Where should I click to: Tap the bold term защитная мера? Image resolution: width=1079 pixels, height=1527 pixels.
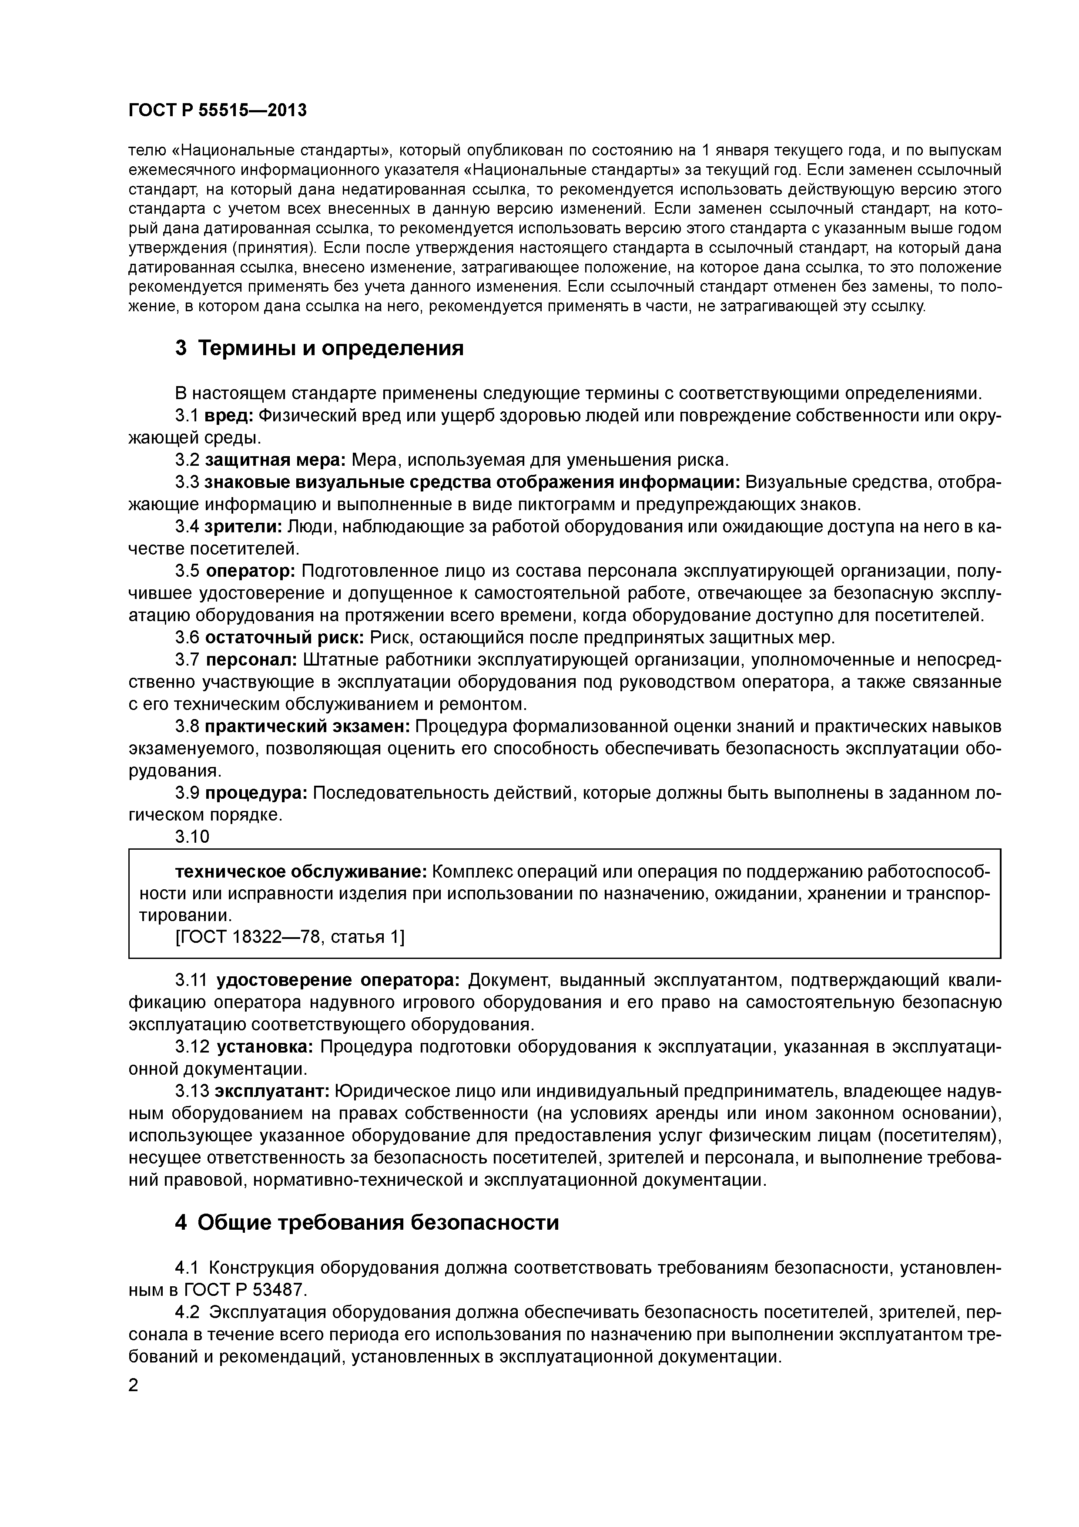pos(275,460)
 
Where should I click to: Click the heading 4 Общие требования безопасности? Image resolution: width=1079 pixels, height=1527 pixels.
pos(367,1222)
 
